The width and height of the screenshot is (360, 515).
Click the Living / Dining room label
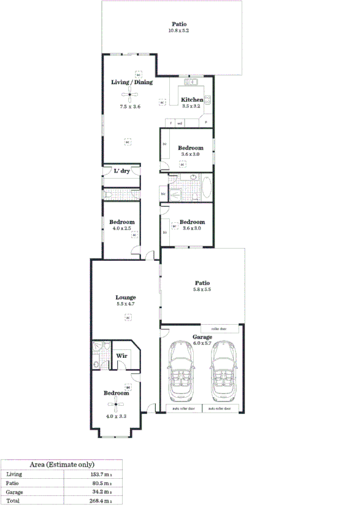tap(131, 82)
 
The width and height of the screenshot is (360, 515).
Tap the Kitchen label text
tap(191, 99)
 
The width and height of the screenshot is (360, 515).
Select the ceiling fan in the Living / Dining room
tap(129, 94)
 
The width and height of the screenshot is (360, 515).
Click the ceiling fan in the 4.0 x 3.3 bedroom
tap(115, 403)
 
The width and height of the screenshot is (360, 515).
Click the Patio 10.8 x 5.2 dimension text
tap(178, 31)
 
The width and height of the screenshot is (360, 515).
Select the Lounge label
tap(126, 297)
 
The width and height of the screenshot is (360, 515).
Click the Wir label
tap(121, 355)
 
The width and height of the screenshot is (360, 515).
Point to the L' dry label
tap(121, 171)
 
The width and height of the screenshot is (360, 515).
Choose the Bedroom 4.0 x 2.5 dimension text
tap(121, 228)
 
